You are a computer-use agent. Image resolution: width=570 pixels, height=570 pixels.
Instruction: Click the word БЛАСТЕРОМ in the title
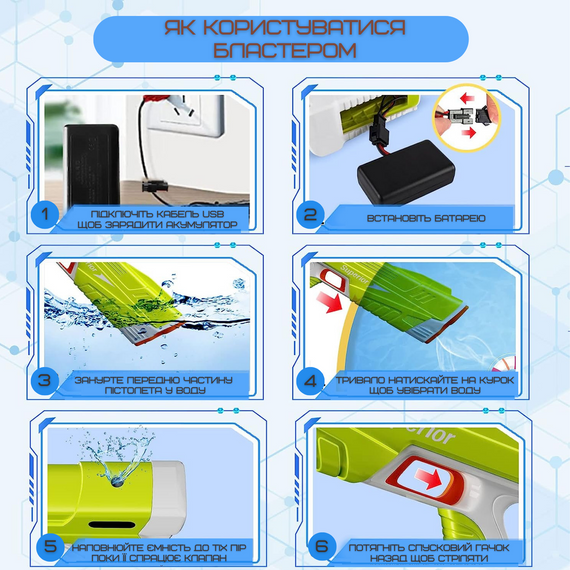[x=285, y=49]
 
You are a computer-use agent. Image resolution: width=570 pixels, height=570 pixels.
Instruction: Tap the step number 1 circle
[x=45, y=214]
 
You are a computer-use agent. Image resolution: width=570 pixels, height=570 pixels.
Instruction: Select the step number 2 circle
[x=310, y=214]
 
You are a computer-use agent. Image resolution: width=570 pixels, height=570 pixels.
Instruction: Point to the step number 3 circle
[x=45, y=381]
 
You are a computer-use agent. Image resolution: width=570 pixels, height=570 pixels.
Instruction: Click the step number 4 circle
[x=310, y=381]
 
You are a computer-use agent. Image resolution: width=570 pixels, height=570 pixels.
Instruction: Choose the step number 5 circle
[x=50, y=546]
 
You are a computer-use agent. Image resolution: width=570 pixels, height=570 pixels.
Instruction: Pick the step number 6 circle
[x=322, y=546]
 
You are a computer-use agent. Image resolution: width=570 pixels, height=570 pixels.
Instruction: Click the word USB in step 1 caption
[x=213, y=214]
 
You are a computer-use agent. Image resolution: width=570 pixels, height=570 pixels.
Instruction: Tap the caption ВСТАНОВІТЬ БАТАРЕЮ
[x=426, y=218]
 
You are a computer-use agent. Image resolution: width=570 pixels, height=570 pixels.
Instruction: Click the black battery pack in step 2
[x=406, y=173]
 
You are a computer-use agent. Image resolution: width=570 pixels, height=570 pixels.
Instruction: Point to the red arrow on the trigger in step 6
[x=429, y=478]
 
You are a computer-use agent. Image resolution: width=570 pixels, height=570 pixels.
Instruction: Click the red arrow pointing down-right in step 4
[x=329, y=303]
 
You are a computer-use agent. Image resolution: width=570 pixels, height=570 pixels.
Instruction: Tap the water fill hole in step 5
[x=117, y=482]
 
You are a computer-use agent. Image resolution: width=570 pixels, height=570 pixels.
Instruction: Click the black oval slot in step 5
[x=112, y=525]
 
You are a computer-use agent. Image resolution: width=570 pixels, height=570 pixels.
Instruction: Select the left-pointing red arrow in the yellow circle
[x=468, y=98]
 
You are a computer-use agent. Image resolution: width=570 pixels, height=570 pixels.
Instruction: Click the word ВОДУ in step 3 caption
[x=191, y=390]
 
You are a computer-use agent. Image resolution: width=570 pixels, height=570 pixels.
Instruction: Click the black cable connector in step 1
[x=155, y=187]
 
